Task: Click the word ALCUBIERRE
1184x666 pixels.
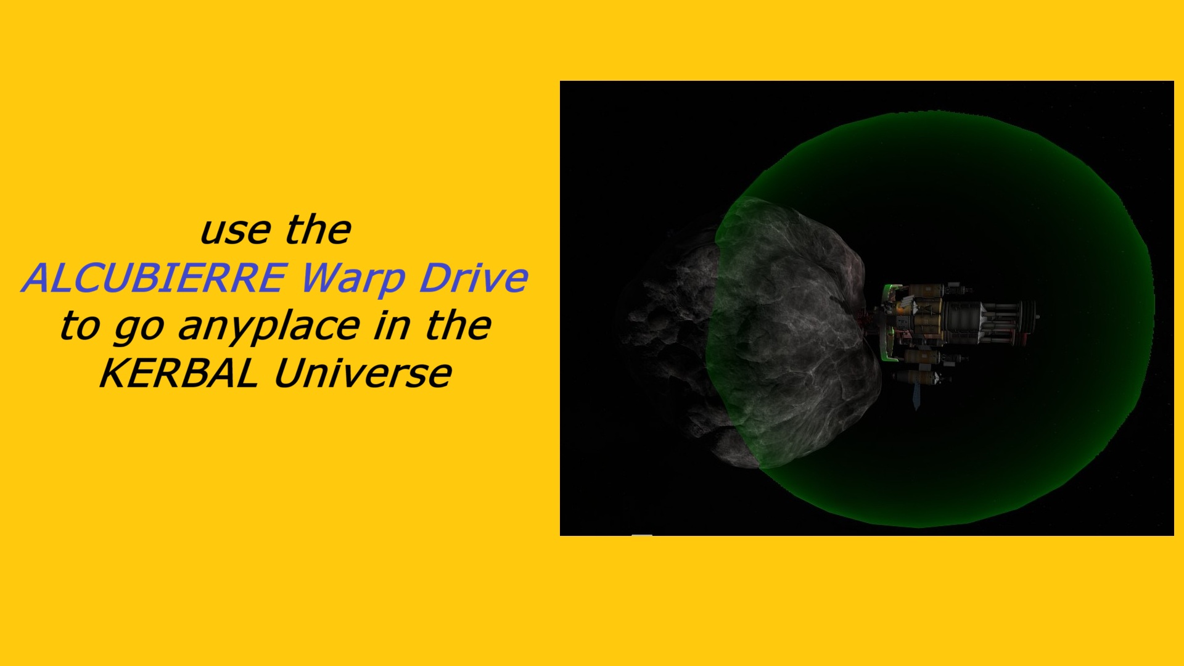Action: [x=155, y=277]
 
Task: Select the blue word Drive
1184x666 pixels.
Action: [x=474, y=277]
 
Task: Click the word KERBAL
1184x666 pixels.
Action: [x=179, y=374]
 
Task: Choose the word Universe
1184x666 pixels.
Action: [x=363, y=374]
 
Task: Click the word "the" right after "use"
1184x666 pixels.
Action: [x=318, y=230]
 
